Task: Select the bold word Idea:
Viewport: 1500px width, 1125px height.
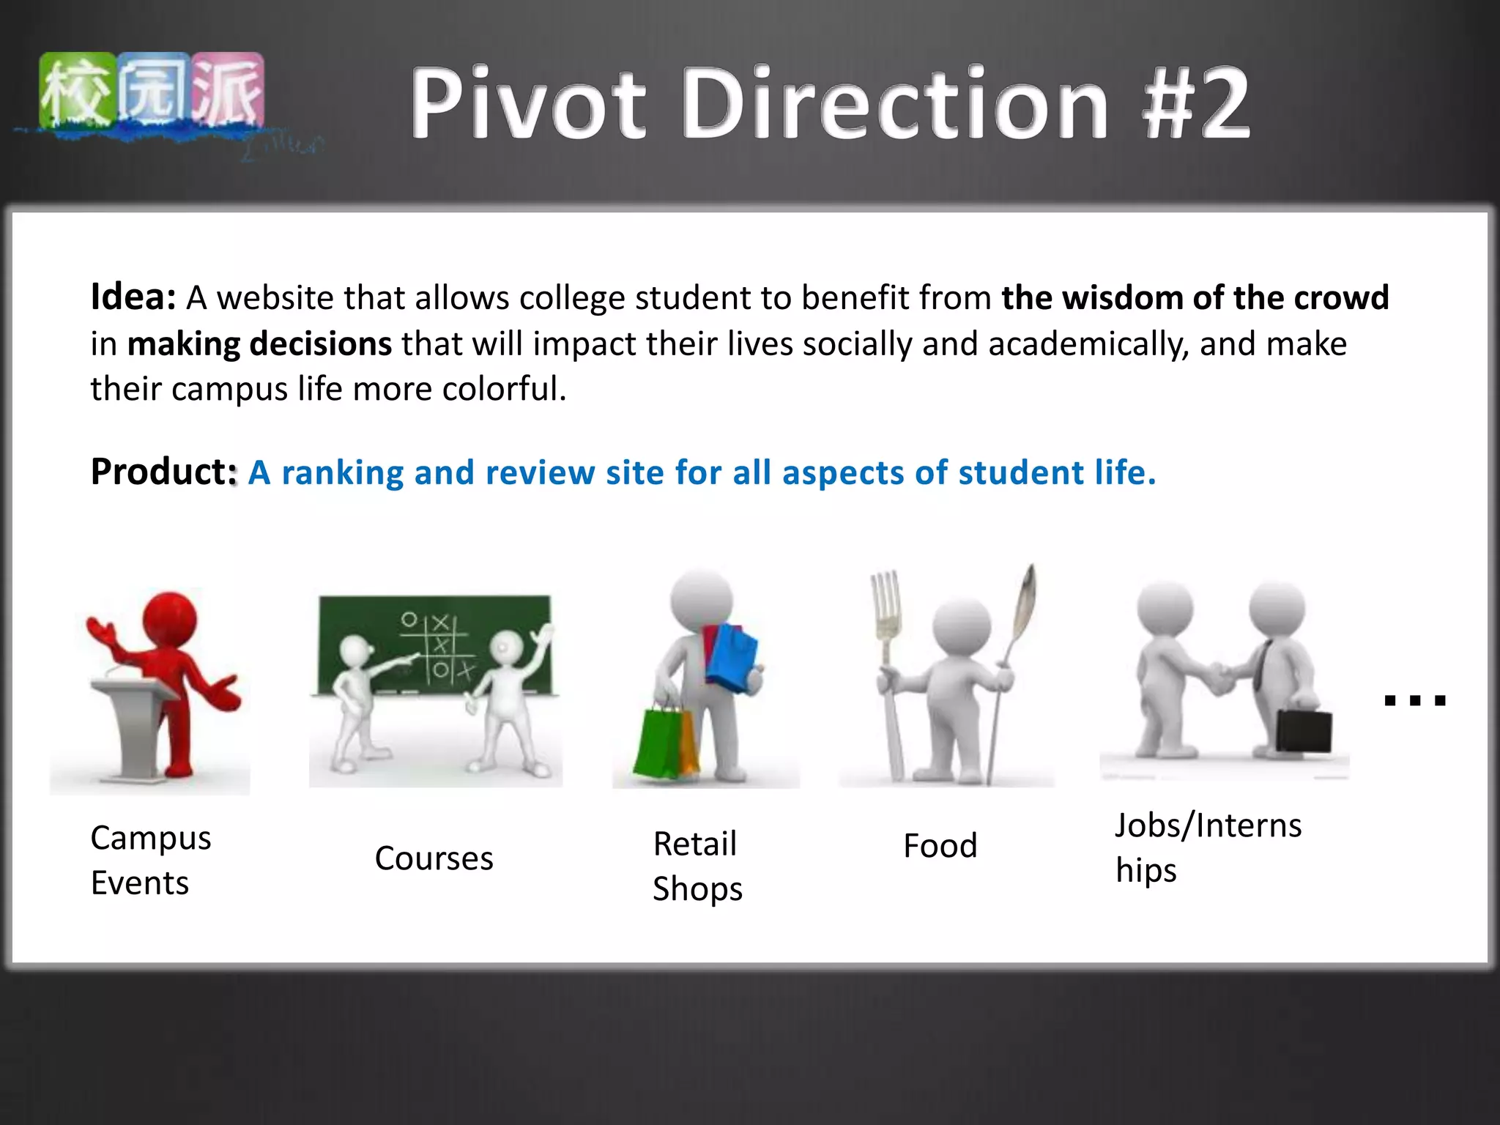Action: (x=133, y=297)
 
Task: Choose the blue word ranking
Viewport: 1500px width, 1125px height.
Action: (x=343, y=473)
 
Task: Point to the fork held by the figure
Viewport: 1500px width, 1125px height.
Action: (x=888, y=659)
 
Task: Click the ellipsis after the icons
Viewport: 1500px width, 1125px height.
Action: (x=1415, y=699)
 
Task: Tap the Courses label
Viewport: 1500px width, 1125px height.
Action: (x=434, y=858)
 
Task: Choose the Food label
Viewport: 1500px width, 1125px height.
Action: (x=940, y=846)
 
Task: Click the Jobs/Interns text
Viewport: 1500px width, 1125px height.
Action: (x=1208, y=826)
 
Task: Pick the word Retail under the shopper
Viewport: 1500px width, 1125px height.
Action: (x=694, y=844)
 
